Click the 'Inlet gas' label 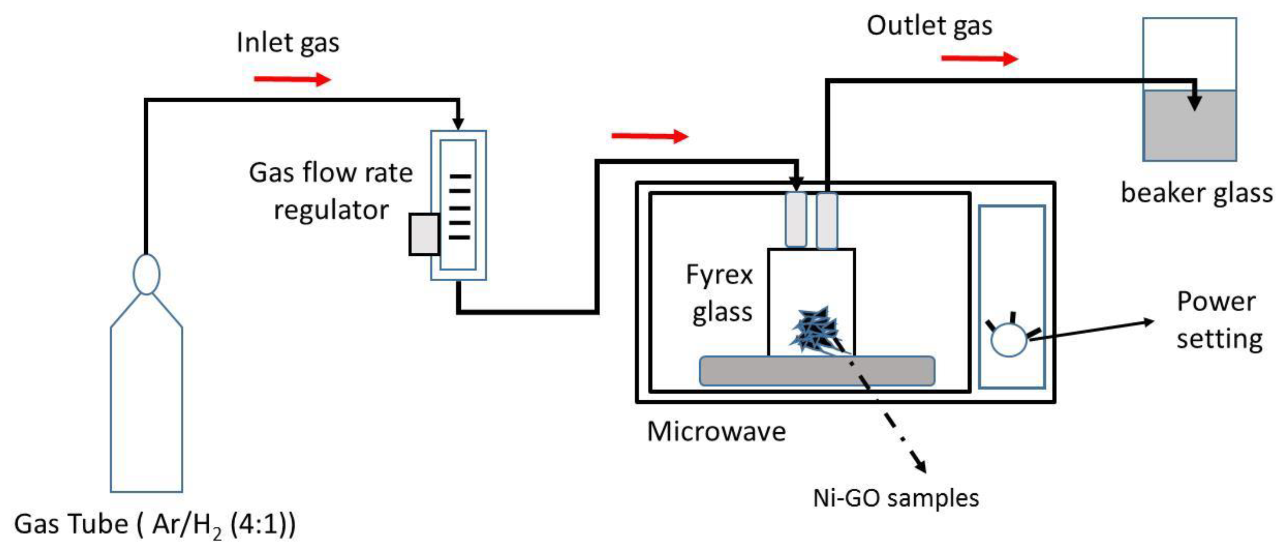point(288,43)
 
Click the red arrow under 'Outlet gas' point(979,59)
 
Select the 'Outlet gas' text point(929,26)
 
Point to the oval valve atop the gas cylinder point(146,274)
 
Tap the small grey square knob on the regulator point(424,234)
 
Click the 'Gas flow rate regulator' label point(331,191)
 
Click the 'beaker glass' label point(1197,193)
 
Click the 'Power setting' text point(1219,320)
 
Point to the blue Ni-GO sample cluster point(815,330)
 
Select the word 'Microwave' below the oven point(716,431)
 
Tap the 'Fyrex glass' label point(720,293)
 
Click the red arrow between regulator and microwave point(649,136)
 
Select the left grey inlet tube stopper point(795,220)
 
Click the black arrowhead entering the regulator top point(458,123)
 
